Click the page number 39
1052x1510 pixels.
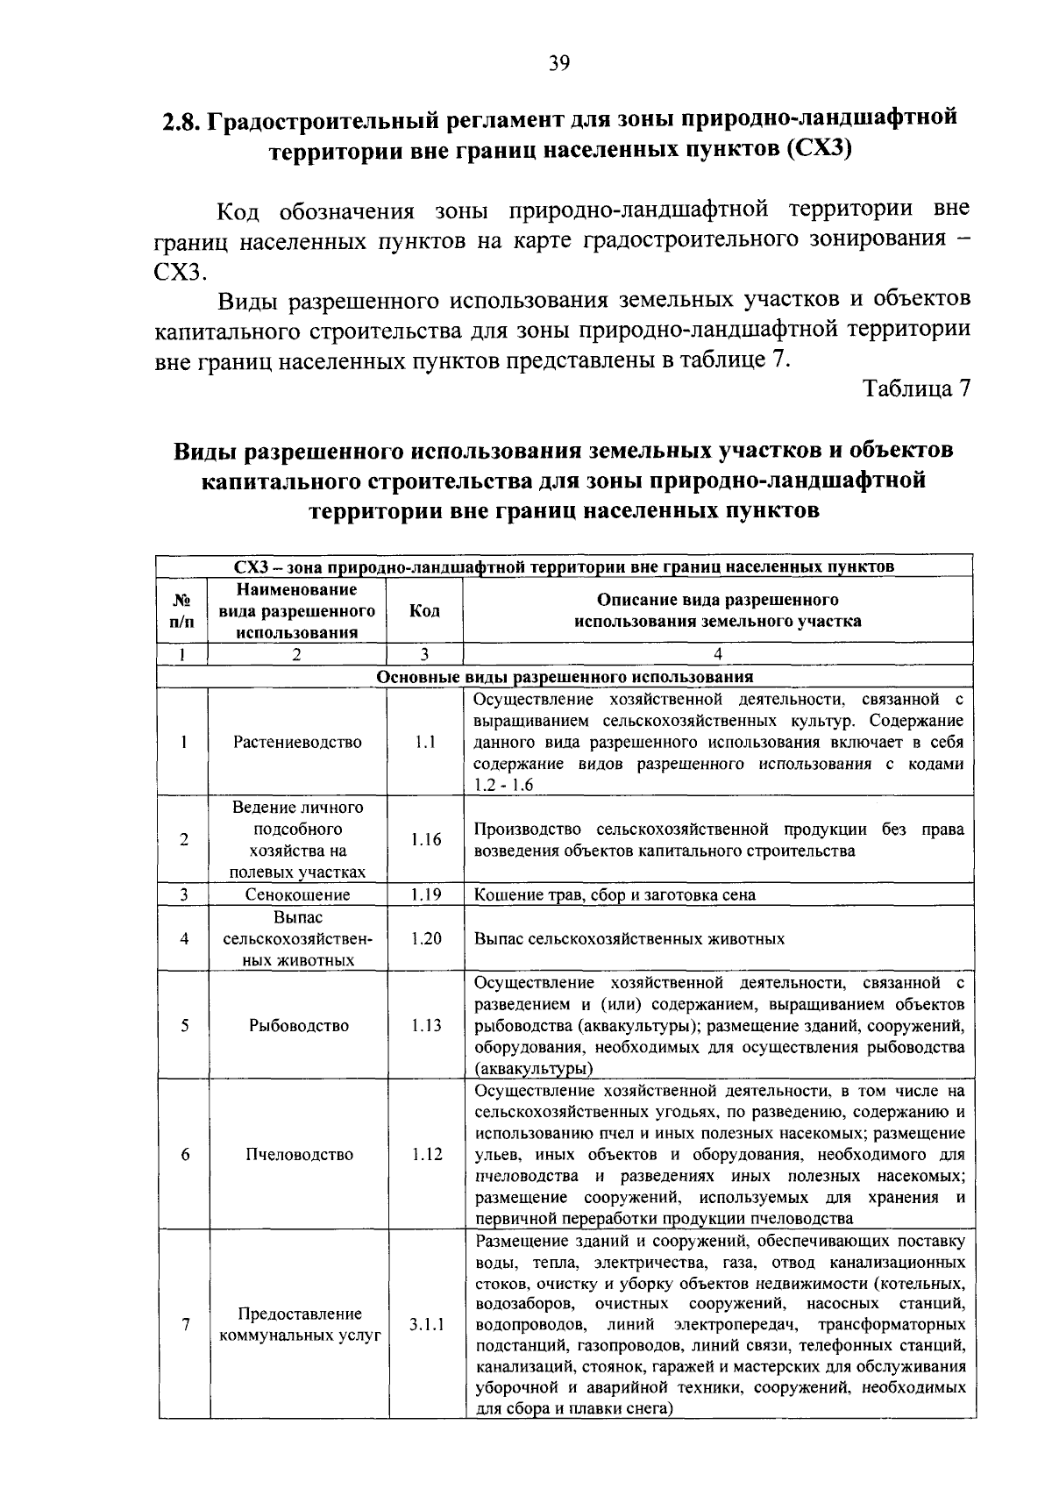tap(559, 62)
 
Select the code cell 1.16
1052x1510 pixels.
tap(425, 840)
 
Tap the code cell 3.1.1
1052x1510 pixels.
tap(425, 1325)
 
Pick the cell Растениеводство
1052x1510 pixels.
tap(297, 743)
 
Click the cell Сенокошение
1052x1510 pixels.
tap(297, 895)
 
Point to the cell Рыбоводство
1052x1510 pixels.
tap(298, 1026)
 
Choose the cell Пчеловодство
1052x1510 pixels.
tap(298, 1155)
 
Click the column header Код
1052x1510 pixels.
tap(424, 611)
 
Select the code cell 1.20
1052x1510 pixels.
tap(425, 939)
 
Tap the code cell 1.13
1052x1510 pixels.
tap(425, 1026)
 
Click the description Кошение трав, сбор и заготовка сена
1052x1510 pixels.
tap(615, 895)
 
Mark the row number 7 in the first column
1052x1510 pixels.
tap(185, 1325)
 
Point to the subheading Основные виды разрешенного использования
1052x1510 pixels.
tap(565, 678)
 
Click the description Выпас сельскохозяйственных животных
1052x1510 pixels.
tap(629, 939)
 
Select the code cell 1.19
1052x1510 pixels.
tap(425, 895)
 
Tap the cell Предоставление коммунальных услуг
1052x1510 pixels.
tap(298, 1325)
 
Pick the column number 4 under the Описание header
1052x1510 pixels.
tap(717, 654)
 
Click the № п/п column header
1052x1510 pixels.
tap(183, 611)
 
